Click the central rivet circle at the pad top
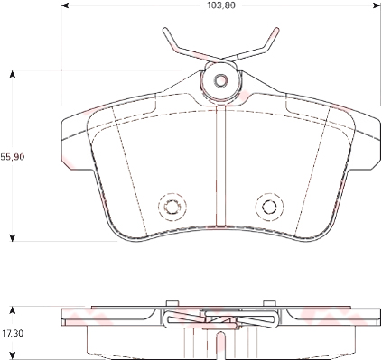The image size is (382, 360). pos(219,80)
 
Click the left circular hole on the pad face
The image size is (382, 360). pos(170,206)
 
